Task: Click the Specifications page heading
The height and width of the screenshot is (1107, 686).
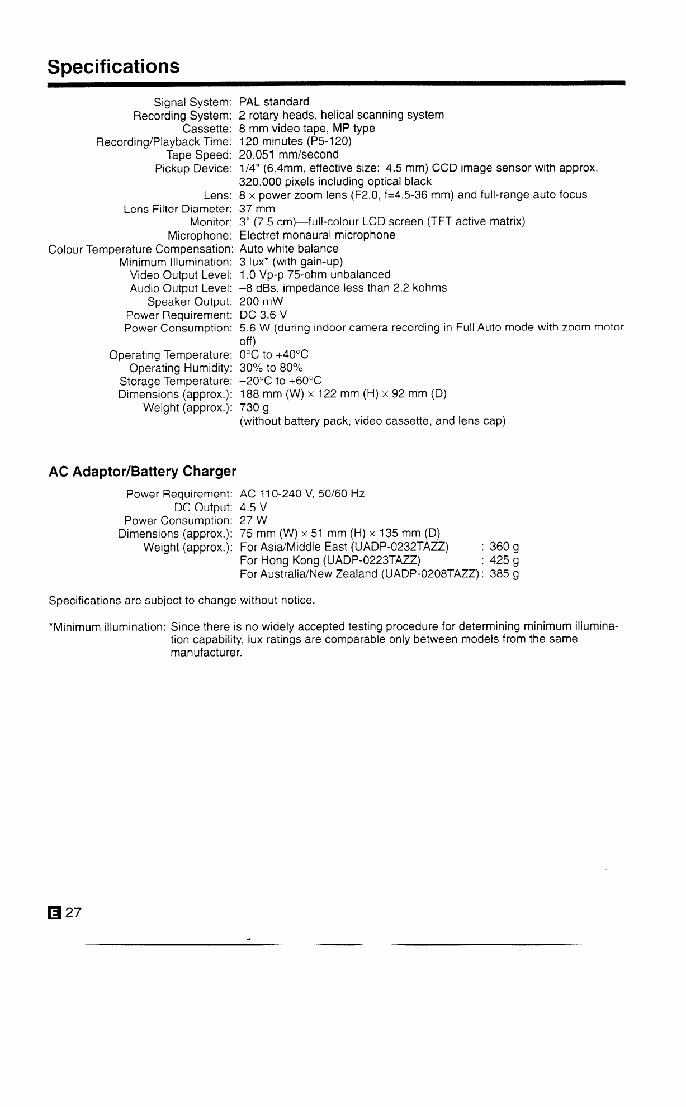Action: pos(114,66)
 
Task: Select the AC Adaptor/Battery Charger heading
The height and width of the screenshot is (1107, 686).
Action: pos(143,472)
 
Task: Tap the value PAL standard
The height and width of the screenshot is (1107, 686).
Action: pos(274,102)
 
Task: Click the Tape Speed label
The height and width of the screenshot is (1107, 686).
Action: pos(199,155)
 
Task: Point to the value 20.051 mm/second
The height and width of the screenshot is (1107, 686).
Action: pos(288,155)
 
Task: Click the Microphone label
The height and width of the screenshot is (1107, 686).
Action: pos(200,235)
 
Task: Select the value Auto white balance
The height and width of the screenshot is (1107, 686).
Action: pos(288,249)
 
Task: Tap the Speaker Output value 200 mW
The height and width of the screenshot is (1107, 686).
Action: pos(261,302)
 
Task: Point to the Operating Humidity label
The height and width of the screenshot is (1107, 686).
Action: pos(180,368)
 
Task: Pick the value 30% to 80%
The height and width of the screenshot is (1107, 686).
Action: pos(271,368)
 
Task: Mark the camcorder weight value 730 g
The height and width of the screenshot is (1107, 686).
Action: pos(254,408)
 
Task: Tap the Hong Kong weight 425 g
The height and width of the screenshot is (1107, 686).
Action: pos(504,560)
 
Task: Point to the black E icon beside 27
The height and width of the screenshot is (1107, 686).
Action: pos(54,913)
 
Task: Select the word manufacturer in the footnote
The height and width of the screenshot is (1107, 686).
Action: pos(206,653)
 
